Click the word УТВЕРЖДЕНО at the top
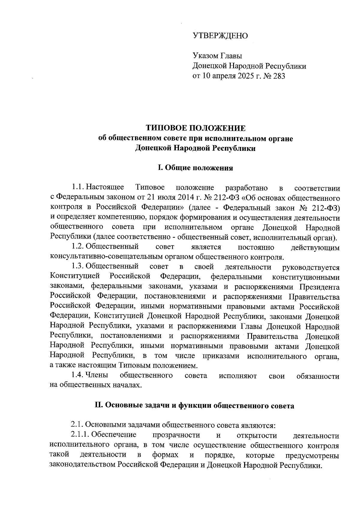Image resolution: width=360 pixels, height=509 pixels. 220,36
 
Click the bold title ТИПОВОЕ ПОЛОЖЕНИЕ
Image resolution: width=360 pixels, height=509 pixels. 196,128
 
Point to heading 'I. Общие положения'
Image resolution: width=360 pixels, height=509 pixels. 196,168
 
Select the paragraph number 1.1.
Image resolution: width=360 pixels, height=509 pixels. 78,188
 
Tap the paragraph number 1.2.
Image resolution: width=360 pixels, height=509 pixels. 78,247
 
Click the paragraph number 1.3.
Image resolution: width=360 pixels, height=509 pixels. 78,267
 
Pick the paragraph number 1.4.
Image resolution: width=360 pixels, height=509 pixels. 78,376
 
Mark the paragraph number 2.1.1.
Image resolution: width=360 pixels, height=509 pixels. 80,435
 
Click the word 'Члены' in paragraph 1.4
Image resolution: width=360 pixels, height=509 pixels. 97,376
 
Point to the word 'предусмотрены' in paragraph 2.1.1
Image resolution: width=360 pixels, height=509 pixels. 312,456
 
